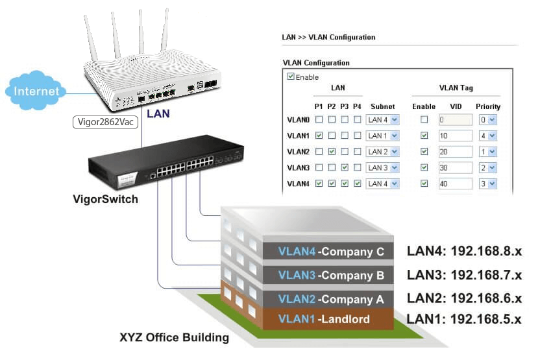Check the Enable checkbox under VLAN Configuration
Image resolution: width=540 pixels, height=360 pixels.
[290, 77]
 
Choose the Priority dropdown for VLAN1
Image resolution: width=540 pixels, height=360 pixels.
[487, 136]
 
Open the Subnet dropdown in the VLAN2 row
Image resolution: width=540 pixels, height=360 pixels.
[382, 152]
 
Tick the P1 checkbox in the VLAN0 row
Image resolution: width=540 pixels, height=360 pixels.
[319, 120]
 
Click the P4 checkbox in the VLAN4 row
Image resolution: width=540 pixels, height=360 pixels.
[357, 184]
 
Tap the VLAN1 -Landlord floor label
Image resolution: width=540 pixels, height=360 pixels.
[324, 319]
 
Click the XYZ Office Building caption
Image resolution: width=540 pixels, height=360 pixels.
[174, 338]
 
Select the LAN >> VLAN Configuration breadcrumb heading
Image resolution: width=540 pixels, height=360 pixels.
[328, 38]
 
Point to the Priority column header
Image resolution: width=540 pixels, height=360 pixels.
[487, 106]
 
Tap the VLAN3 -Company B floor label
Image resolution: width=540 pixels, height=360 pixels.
[331, 275]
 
